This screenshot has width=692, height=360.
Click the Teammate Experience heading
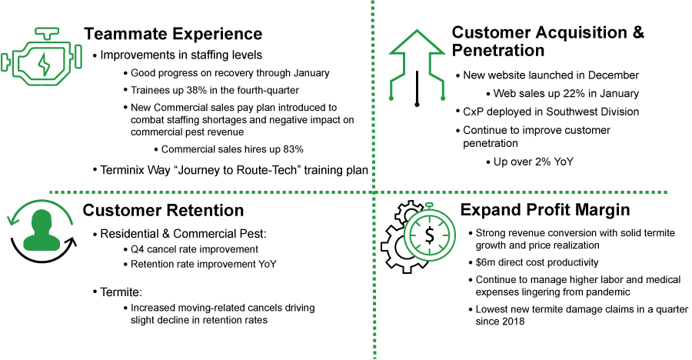pos(172,34)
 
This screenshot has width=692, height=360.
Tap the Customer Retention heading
pos(163,210)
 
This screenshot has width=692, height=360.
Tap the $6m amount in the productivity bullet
pos(484,263)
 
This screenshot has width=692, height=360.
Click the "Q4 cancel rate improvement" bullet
pos(192,249)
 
